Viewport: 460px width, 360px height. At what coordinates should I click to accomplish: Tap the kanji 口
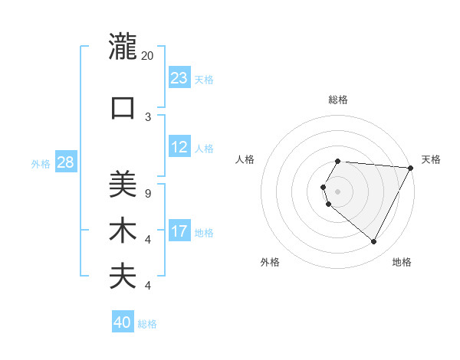[x=123, y=107]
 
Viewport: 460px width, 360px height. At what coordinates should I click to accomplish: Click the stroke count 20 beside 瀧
[x=148, y=56]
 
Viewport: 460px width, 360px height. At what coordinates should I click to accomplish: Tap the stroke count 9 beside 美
[x=147, y=193]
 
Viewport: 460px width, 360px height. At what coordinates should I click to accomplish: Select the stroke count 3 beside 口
[x=148, y=116]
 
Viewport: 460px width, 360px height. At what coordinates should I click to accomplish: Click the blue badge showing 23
[x=179, y=78]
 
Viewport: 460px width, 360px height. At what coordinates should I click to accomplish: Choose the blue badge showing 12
[x=179, y=148]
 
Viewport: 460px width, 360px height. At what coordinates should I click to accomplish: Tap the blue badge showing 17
[x=179, y=231]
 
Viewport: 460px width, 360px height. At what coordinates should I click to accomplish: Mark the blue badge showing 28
[x=64, y=162]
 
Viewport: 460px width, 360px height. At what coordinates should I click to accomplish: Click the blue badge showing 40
[x=122, y=323]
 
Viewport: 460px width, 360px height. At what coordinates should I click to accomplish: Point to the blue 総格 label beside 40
[x=147, y=324]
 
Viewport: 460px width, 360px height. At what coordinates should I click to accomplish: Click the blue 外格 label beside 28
[x=41, y=163]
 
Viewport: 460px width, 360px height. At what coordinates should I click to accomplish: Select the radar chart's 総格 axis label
[x=338, y=100]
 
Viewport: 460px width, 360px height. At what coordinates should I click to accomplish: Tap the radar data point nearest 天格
[x=411, y=169]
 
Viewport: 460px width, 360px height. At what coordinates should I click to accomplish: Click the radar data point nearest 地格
[x=374, y=242]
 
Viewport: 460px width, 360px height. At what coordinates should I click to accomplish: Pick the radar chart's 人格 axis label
[x=245, y=159]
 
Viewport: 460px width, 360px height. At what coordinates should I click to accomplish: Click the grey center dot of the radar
[x=338, y=191]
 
